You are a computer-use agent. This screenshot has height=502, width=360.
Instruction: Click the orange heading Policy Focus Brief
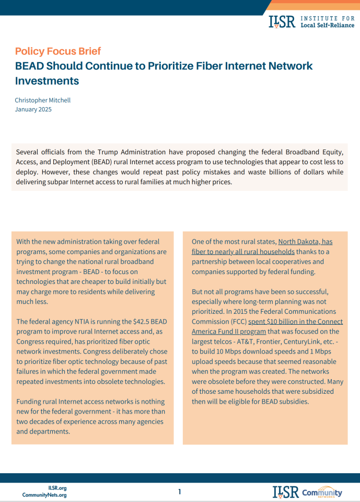[x=57, y=51]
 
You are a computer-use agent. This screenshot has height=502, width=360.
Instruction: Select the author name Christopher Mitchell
[x=42, y=100]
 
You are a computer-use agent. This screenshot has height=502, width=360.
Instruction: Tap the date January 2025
[x=33, y=109]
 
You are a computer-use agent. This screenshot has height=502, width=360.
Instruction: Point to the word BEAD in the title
[x=28, y=66]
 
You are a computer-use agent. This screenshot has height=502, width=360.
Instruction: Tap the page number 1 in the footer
[x=180, y=492]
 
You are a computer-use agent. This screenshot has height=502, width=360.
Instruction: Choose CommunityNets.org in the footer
[x=44, y=495]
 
